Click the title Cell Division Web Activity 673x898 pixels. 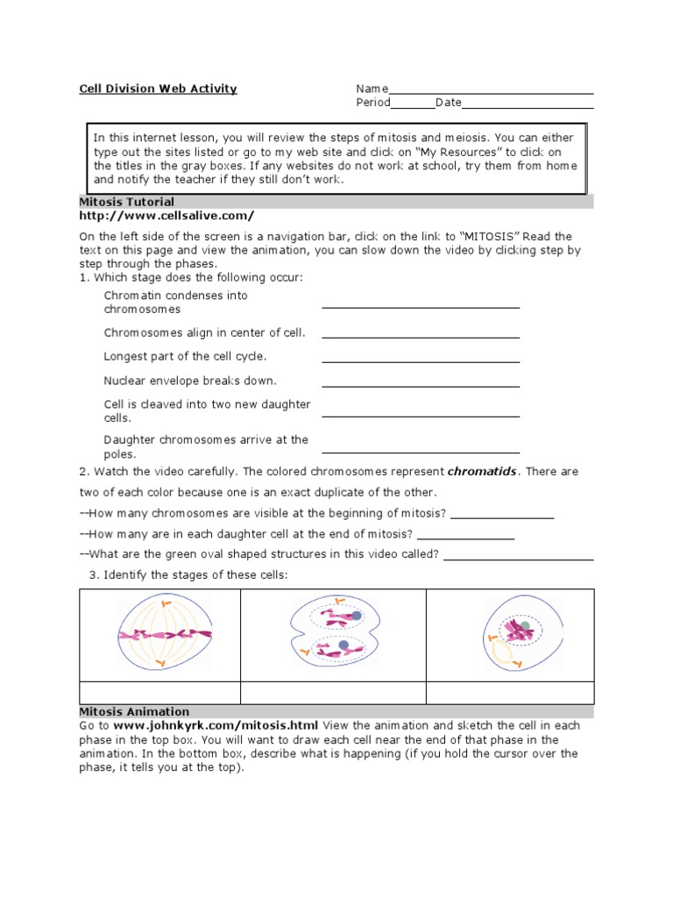coord(158,89)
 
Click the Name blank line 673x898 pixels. coord(491,91)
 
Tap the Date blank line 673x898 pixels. coord(528,106)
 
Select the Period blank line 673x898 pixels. coord(413,106)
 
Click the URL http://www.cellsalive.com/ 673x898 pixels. coord(166,216)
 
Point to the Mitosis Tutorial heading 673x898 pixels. coord(127,203)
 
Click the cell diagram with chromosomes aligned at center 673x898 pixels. coord(164,634)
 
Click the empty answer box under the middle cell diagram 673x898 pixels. coord(333,692)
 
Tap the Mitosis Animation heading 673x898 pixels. coord(134,712)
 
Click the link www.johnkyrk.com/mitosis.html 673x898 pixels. coord(216,726)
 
